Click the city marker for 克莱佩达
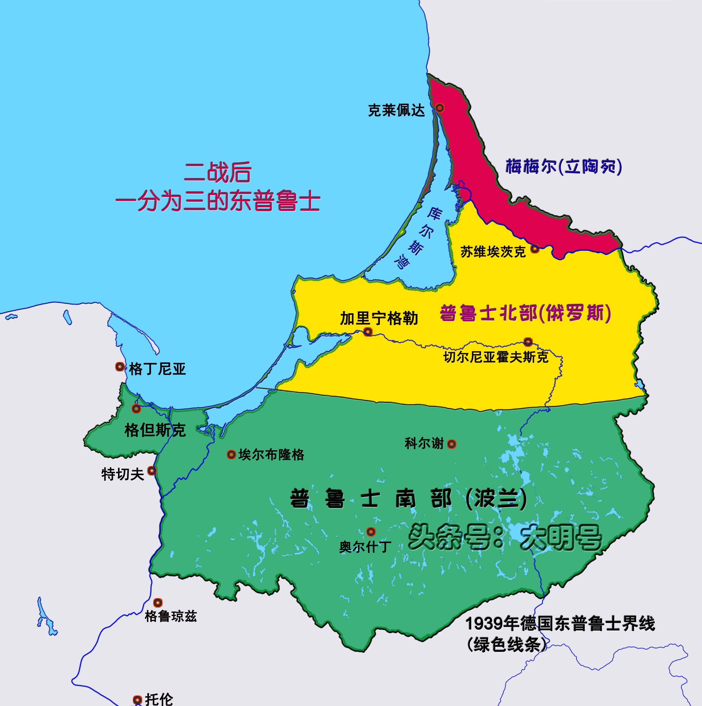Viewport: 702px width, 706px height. click(440, 108)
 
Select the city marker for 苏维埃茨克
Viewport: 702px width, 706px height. click(534, 249)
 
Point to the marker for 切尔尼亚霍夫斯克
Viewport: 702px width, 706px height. click(528, 342)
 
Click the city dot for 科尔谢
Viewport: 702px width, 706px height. click(452, 444)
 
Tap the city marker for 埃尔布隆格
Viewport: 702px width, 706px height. click(231, 455)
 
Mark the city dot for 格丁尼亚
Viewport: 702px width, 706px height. click(119, 367)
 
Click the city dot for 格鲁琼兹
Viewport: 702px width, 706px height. click(158, 602)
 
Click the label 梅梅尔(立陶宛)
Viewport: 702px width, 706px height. click(563, 167)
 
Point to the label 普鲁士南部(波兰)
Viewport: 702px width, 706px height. click(408, 498)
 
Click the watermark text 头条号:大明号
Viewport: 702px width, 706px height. click(504, 537)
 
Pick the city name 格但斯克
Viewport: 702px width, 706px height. click(155, 430)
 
